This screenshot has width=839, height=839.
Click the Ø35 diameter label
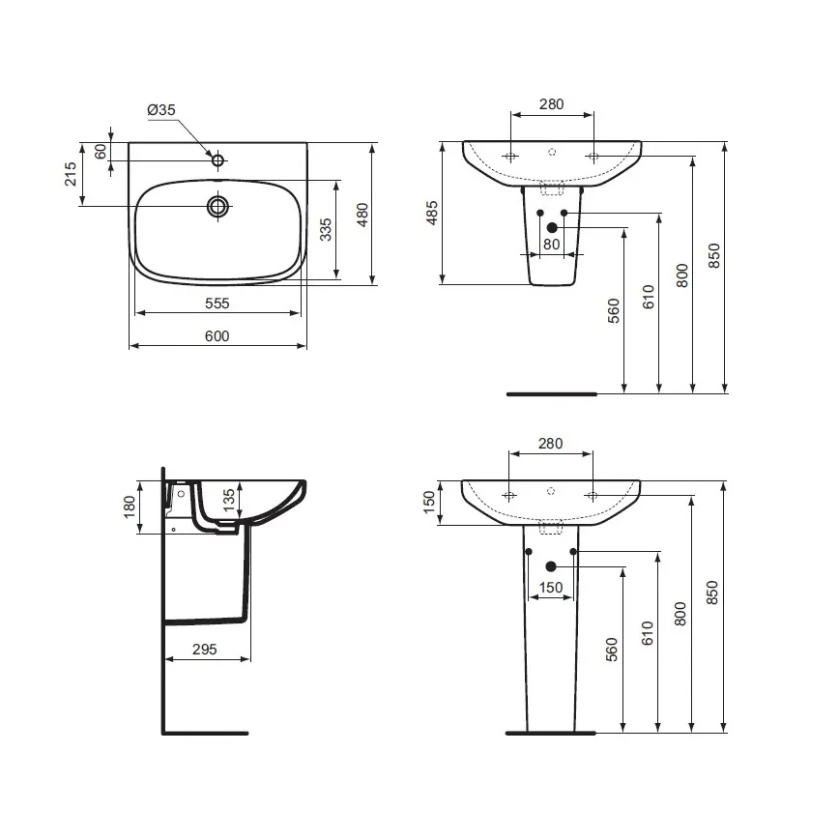point(161,111)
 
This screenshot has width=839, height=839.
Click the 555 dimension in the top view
point(217,303)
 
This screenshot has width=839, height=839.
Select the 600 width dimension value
point(217,335)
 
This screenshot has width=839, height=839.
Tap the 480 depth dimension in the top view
point(362,214)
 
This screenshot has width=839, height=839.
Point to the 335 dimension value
point(326,229)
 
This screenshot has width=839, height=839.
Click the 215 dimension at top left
point(71,175)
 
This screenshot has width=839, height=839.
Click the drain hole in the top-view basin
point(218,205)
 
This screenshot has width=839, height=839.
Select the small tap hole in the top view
point(218,159)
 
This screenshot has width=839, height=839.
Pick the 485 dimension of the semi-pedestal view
point(432,214)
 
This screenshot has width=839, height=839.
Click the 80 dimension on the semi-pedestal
point(551,244)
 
